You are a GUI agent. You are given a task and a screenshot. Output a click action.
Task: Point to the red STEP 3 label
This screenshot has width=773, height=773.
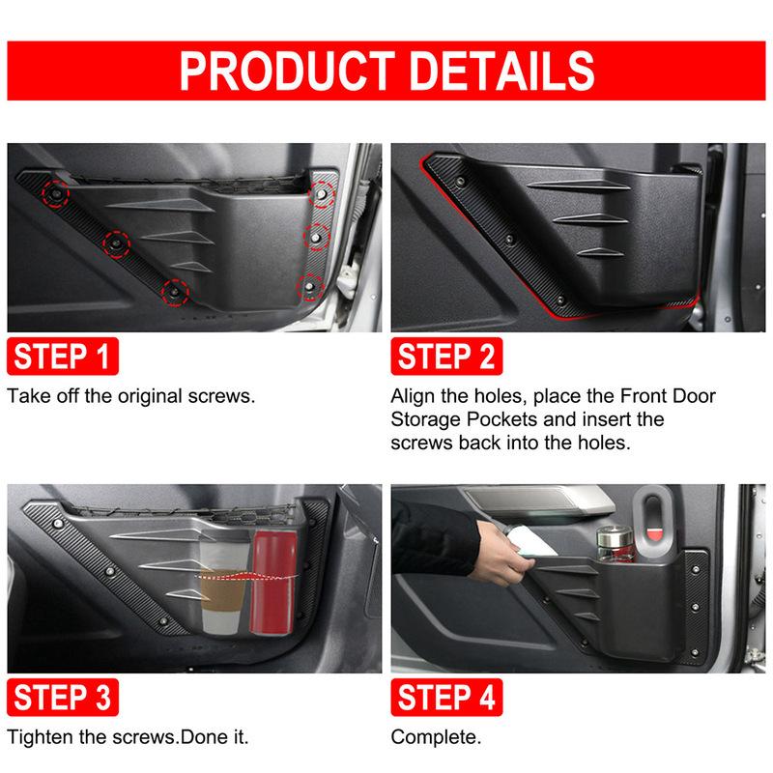click(63, 697)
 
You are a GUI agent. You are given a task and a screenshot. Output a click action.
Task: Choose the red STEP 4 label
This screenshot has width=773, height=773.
click(445, 697)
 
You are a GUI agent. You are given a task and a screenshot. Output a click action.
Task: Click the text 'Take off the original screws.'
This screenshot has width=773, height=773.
click(131, 396)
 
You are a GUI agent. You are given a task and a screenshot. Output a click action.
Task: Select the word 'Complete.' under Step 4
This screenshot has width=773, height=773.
click(436, 737)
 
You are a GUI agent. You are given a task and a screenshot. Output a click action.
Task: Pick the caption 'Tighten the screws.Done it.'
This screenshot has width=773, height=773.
click(129, 737)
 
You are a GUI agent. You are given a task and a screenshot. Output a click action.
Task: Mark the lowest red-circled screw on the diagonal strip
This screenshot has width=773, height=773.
click(174, 289)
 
